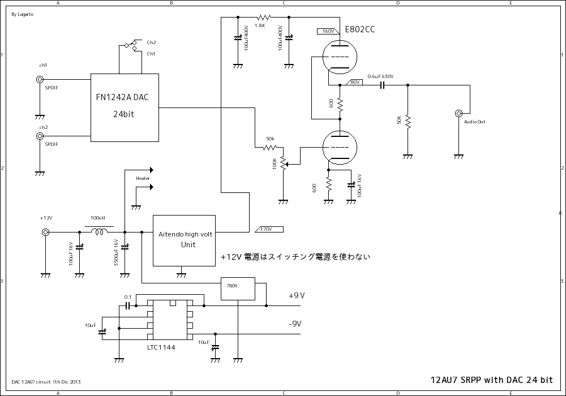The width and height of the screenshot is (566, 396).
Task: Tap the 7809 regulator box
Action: [238, 288]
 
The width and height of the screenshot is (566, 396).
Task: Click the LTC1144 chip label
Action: [161, 347]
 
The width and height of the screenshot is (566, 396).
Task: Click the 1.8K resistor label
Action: [260, 25]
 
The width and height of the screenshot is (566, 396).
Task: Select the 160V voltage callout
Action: [329, 31]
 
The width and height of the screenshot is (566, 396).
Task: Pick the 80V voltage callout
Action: [355, 82]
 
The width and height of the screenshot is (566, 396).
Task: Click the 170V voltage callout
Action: [267, 229]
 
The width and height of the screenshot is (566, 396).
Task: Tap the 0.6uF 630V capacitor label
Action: [380, 76]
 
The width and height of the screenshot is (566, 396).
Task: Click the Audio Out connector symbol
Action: [458, 114]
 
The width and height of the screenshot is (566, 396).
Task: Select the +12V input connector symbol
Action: [45, 232]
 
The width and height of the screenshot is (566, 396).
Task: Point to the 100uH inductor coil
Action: [100, 231]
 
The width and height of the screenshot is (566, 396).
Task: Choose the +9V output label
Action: [297, 295]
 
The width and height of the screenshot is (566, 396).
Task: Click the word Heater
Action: [143, 178]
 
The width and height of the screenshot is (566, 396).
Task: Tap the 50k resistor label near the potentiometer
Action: [270, 139]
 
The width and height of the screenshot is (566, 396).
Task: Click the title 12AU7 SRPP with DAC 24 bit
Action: [491, 380]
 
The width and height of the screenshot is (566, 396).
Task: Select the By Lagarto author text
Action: [22, 15]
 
